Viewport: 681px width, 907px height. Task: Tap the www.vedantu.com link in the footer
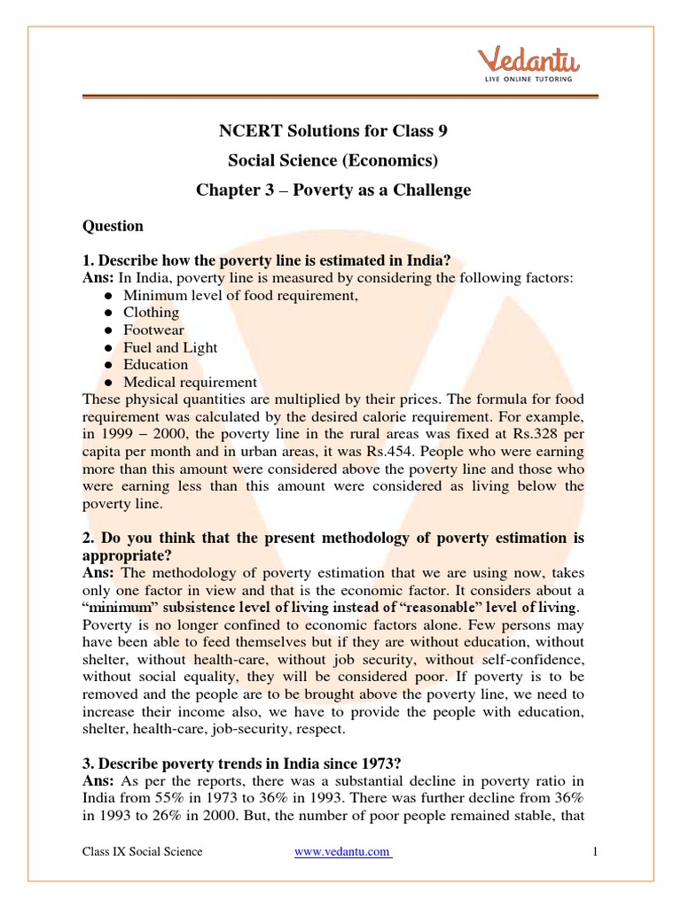342,851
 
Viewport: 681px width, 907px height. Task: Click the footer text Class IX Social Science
142,851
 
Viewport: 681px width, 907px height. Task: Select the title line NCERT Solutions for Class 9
333,131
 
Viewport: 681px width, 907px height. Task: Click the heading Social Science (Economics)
333,160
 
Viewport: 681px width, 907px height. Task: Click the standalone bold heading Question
113,226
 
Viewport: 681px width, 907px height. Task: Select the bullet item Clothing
151,313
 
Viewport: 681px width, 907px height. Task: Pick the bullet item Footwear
153,330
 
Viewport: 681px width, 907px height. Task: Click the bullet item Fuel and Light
170,347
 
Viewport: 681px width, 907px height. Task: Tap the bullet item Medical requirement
190,383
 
